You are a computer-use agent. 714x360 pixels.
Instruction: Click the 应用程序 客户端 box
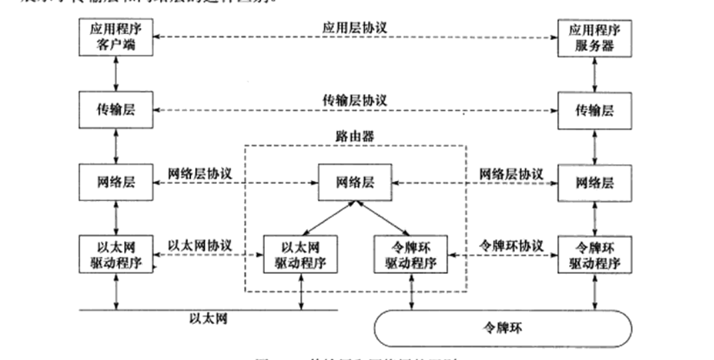tap(116, 37)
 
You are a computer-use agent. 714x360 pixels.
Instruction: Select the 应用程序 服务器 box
tap(594, 37)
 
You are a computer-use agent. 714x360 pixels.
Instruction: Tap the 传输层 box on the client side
tap(116, 110)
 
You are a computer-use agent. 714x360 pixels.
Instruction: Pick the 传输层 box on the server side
tap(594, 111)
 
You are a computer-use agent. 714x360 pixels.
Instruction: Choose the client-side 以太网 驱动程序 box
tap(116, 253)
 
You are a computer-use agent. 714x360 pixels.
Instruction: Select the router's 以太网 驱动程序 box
tap(299, 254)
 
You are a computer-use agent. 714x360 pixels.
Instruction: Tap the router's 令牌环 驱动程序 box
tap(410, 254)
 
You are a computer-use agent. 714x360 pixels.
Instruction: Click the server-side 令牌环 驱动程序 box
tap(594, 254)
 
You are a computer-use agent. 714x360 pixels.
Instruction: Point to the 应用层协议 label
tap(355, 28)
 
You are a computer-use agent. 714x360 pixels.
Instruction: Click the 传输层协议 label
tap(355, 100)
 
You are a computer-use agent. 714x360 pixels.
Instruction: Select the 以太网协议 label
tap(200, 245)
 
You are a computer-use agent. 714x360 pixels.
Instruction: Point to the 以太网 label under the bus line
tap(208, 319)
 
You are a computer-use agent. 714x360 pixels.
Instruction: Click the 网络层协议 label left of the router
tap(200, 174)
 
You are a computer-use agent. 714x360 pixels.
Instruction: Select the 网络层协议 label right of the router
tap(510, 174)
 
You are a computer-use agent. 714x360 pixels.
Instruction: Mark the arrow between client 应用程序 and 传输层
tap(116, 74)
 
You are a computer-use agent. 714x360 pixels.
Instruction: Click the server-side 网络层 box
tap(594, 182)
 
